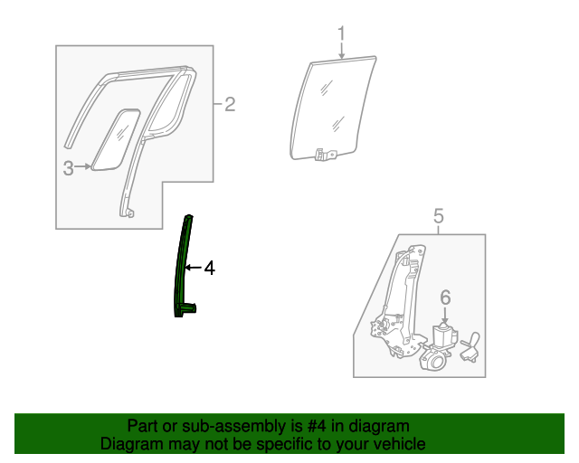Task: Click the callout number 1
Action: (x=342, y=35)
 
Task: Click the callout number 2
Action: (x=230, y=105)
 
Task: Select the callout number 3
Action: (x=69, y=166)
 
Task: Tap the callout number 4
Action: (x=209, y=268)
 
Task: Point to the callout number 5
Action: (x=438, y=215)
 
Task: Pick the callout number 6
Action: (x=445, y=296)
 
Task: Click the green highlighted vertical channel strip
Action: (x=183, y=267)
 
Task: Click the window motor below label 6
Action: (x=442, y=340)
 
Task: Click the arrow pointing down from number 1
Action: (x=342, y=52)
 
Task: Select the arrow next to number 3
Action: (x=86, y=166)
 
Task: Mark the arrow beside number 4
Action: (x=194, y=268)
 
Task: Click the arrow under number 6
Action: (x=445, y=314)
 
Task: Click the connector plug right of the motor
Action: (x=470, y=348)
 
